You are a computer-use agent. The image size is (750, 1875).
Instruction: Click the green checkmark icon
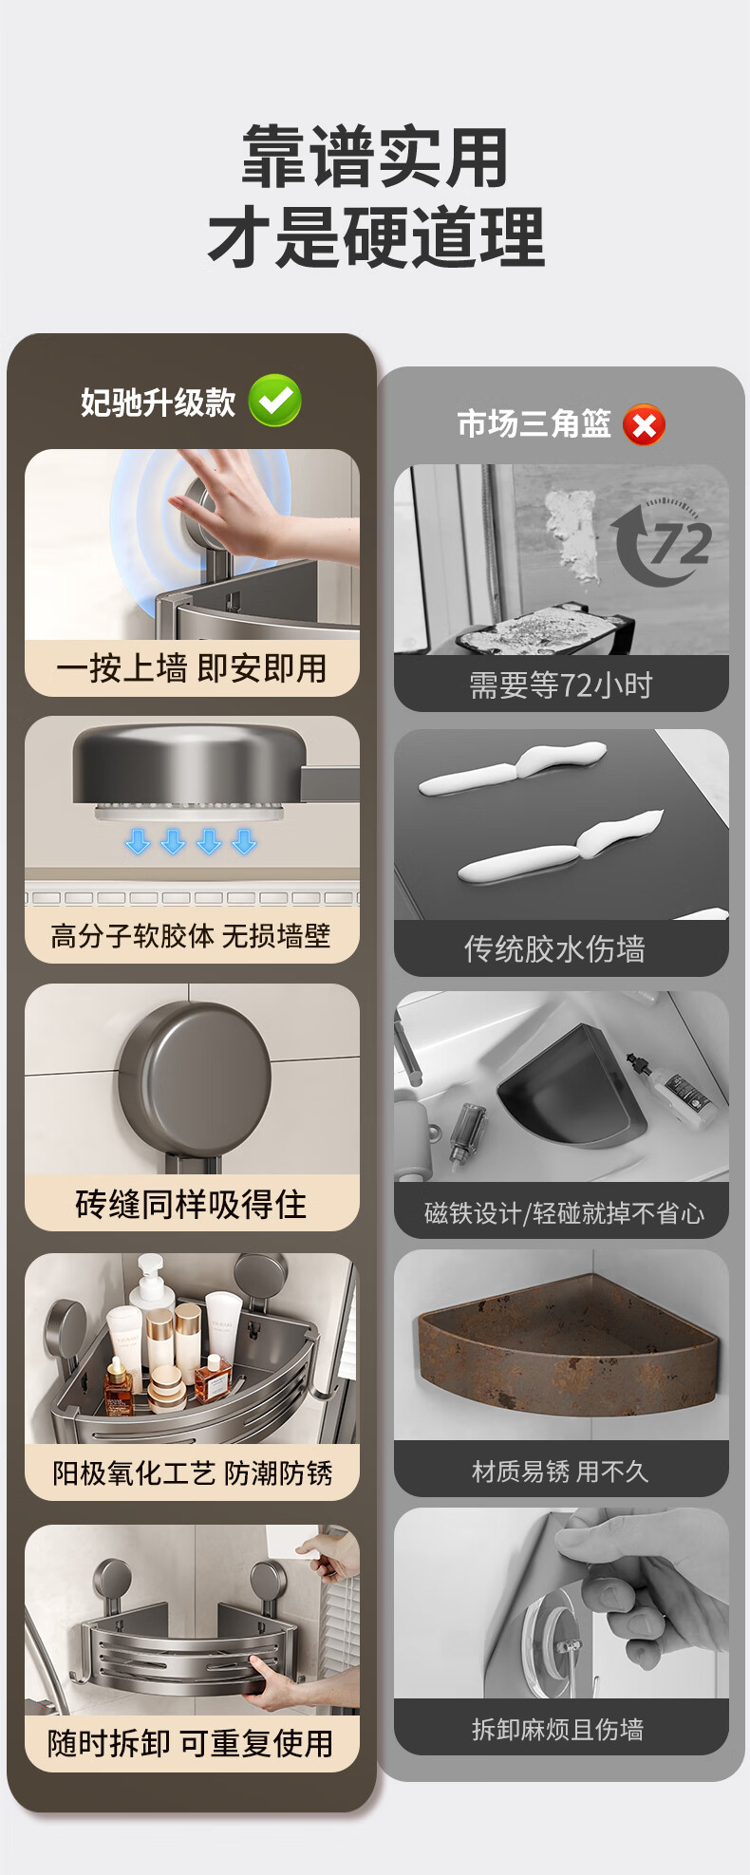275,401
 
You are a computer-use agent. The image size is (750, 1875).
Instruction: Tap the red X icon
645,424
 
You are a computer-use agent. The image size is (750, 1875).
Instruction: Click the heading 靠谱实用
375,158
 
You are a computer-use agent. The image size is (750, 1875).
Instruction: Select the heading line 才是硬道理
376,237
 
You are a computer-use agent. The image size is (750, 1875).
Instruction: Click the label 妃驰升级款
158,403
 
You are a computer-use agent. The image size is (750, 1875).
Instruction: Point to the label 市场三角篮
534,423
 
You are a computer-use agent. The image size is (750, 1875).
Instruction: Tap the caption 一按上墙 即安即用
191,668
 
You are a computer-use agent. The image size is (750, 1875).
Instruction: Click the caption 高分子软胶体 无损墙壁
191,936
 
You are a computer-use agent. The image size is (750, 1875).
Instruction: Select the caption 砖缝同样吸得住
191,1204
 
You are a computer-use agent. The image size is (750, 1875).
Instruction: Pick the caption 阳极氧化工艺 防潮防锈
192,1472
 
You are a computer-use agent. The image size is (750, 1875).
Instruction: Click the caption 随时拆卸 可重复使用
191,1743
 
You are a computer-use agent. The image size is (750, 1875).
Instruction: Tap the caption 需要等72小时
561,684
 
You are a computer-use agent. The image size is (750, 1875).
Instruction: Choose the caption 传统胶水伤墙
554,948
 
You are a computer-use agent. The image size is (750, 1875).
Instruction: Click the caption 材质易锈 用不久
560,1472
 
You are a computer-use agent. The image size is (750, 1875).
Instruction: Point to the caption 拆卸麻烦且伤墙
558,1730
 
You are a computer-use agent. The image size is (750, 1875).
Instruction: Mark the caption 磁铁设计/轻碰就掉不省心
564,1212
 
